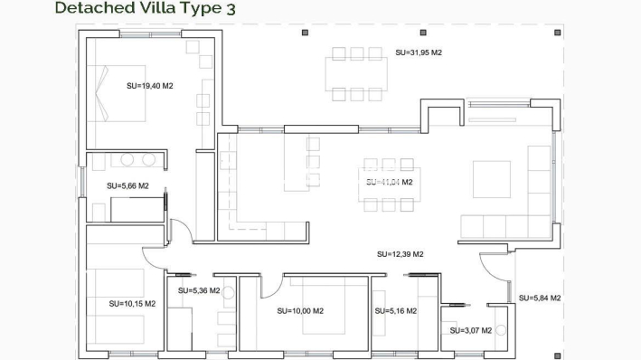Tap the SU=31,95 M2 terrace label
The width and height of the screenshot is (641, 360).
click(419, 52)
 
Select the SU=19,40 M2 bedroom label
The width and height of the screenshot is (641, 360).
click(150, 86)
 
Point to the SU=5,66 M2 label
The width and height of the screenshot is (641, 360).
click(127, 185)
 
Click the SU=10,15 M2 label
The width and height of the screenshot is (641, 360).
click(132, 303)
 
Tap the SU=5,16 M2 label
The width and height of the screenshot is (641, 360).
click(395, 310)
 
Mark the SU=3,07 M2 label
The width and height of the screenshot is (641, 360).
click(471, 330)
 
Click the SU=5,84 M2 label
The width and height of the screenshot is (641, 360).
click(540, 298)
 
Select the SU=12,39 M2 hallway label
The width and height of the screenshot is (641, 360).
click(401, 254)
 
